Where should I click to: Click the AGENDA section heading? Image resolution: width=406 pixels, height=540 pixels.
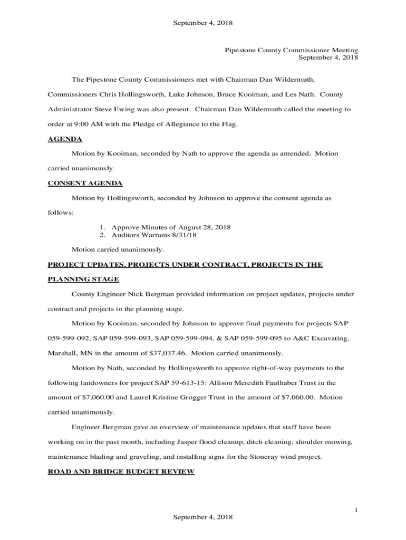pos(65,139)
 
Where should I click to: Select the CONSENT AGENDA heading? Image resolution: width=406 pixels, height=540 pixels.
pos(85,183)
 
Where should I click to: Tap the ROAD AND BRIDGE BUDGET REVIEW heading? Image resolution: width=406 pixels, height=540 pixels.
pos(121,471)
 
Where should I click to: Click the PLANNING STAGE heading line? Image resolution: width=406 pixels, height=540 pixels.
pos(83,279)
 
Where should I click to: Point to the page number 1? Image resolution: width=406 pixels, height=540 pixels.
pos(356,509)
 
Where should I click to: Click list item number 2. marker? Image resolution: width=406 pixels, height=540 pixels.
pos(103,235)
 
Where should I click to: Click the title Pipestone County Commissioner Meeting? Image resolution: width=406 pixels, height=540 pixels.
pos(292,50)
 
